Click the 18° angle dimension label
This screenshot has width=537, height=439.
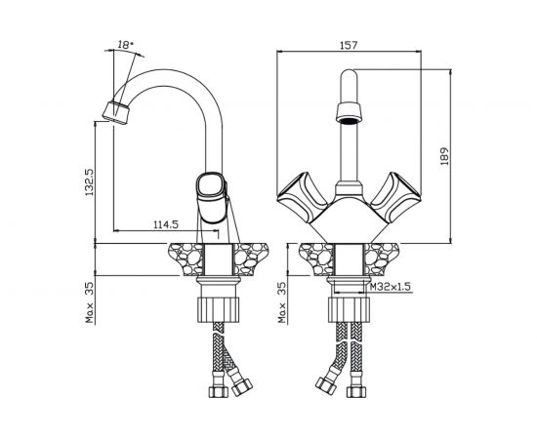coord(125,45)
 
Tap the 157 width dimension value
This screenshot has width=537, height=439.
coord(349,45)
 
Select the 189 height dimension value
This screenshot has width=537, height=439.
coord(444,157)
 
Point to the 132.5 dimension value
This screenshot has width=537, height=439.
coord(90,182)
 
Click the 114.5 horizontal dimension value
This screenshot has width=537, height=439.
coord(166,224)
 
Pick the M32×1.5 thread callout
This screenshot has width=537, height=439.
coord(391,286)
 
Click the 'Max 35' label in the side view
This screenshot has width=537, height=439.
coord(90,302)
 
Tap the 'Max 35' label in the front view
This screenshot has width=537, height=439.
coord(282,302)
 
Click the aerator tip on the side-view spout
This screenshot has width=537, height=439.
coord(116,112)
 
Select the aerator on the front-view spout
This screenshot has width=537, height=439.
coord(349,112)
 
